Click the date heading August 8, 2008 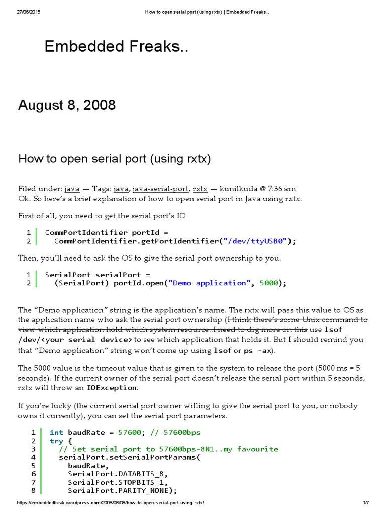(x=67, y=105)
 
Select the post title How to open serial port (x=115, y=159)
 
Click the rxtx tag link (x=200, y=189)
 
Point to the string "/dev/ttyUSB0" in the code (x=256, y=241)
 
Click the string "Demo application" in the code (x=209, y=283)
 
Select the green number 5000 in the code (x=268, y=283)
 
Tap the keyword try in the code (x=56, y=441)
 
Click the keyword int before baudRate (x=56, y=432)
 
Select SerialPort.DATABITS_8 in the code (x=117, y=474)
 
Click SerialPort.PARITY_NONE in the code (x=121, y=491)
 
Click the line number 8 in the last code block (x=33, y=491)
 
